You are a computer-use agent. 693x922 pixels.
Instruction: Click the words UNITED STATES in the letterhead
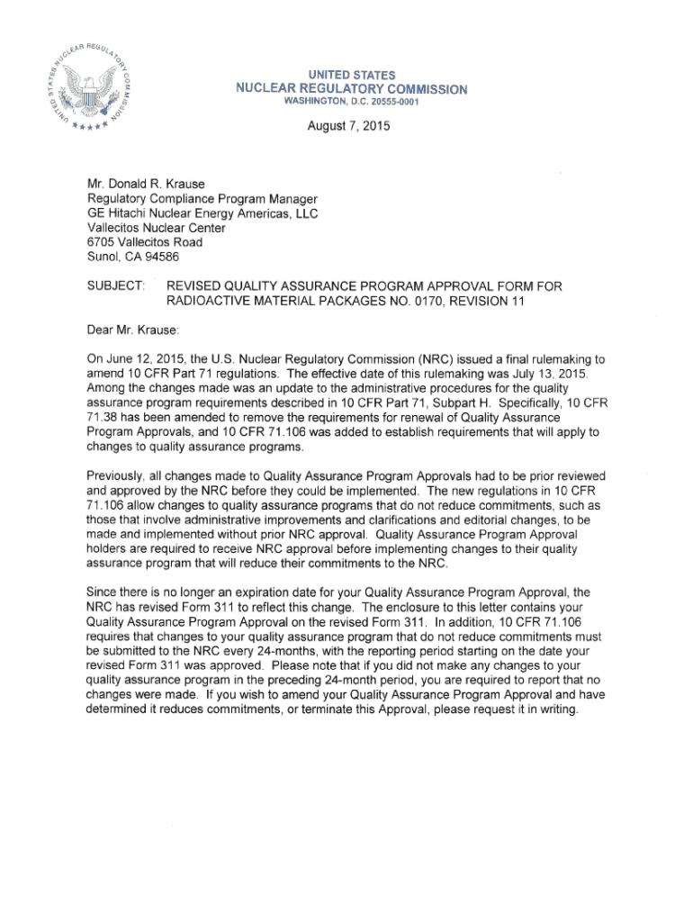coord(351,75)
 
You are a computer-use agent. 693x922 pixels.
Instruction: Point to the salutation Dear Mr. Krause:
coord(133,330)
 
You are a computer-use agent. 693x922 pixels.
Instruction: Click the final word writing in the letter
coord(553,709)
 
